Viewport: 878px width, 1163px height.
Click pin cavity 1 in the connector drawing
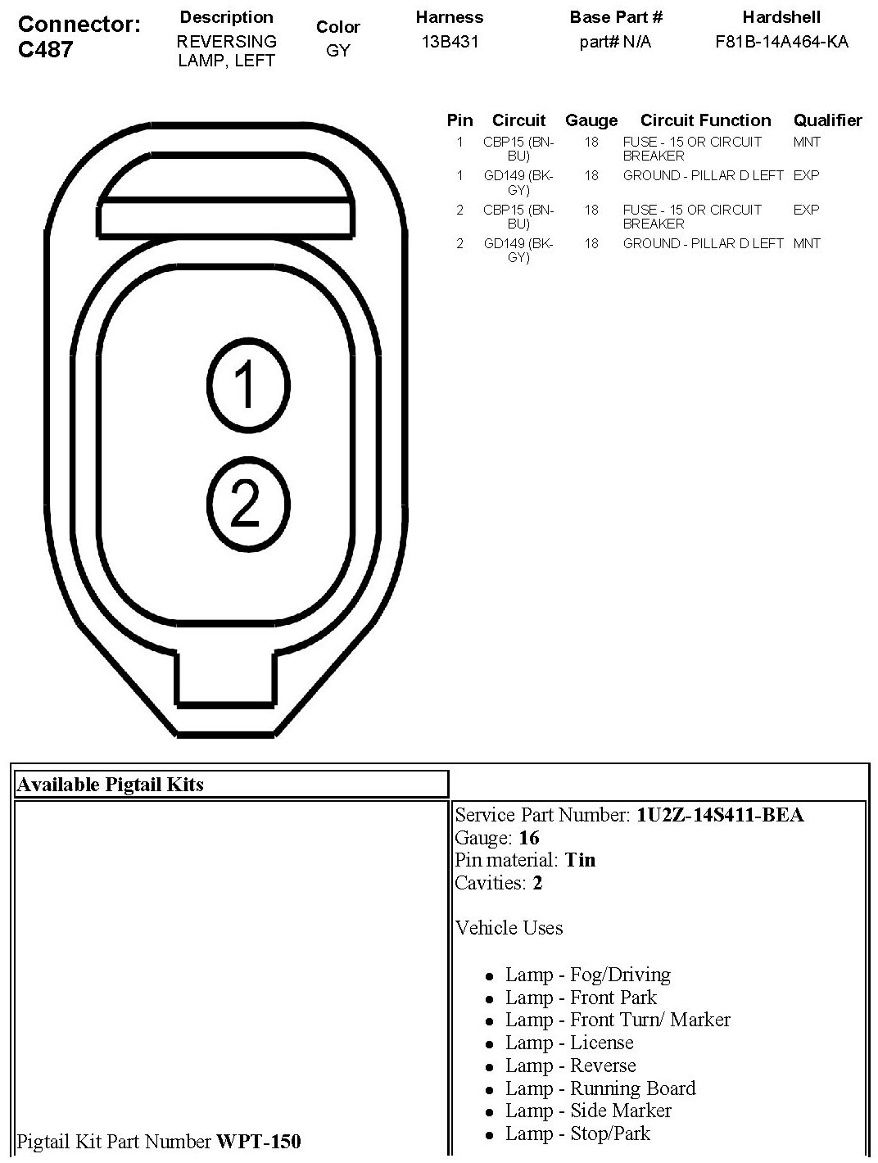[x=248, y=385]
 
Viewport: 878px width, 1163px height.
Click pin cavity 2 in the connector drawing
[x=248, y=505]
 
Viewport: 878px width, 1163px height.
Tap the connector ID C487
[x=46, y=49]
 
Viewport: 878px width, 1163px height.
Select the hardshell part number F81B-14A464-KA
[x=781, y=42]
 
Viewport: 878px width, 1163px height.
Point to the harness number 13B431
[x=450, y=42]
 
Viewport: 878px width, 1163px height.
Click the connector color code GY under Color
[x=338, y=50]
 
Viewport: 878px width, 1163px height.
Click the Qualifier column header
[x=828, y=120]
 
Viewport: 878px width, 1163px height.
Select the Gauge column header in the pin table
[x=591, y=120]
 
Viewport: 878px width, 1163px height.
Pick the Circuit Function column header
[x=706, y=120]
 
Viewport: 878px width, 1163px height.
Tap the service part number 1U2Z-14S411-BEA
[x=720, y=815]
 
